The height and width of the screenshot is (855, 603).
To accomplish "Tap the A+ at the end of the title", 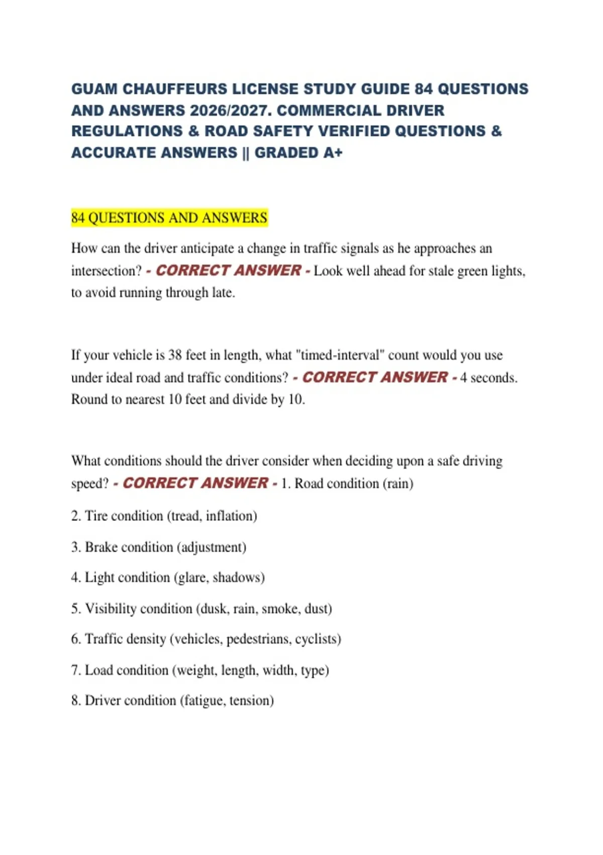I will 332,152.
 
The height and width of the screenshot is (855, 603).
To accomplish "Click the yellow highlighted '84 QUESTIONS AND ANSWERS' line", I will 169,218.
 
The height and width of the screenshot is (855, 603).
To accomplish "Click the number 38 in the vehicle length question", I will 175,356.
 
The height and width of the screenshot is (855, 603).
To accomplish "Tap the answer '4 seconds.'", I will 488,378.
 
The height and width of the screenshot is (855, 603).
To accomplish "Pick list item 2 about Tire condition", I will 164,516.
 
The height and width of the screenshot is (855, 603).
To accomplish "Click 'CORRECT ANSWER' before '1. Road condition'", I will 195,483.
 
